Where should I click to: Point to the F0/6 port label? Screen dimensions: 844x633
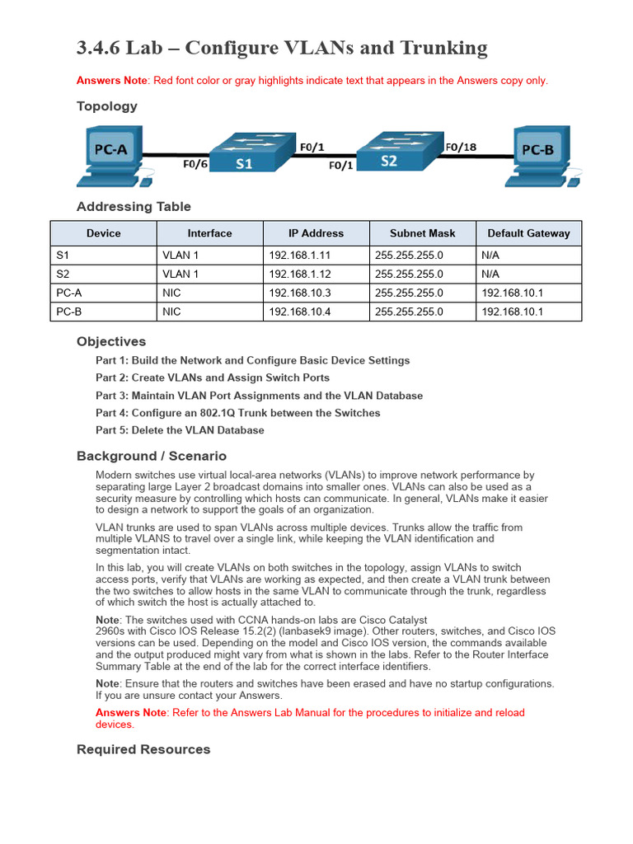pyautogui.click(x=195, y=164)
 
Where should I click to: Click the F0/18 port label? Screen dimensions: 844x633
pyautogui.click(x=461, y=148)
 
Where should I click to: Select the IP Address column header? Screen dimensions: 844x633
pyautogui.click(x=316, y=233)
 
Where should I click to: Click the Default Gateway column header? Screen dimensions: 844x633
pyautogui.click(x=528, y=233)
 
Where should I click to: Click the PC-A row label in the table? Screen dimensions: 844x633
pyautogui.click(x=69, y=293)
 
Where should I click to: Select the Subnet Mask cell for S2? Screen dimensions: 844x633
pyautogui.click(x=409, y=274)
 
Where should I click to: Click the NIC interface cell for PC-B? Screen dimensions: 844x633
pyautogui.click(x=171, y=312)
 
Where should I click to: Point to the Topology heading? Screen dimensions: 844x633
pyautogui.click(x=107, y=106)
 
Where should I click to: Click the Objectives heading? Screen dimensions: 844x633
pyautogui.click(x=111, y=341)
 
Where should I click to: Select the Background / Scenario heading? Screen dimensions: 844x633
pyautogui.click(x=152, y=456)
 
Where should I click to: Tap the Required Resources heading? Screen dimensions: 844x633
pyautogui.click(x=143, y=749)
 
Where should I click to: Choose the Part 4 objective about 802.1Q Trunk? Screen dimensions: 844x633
pyautogui.click(x=237, y=413)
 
